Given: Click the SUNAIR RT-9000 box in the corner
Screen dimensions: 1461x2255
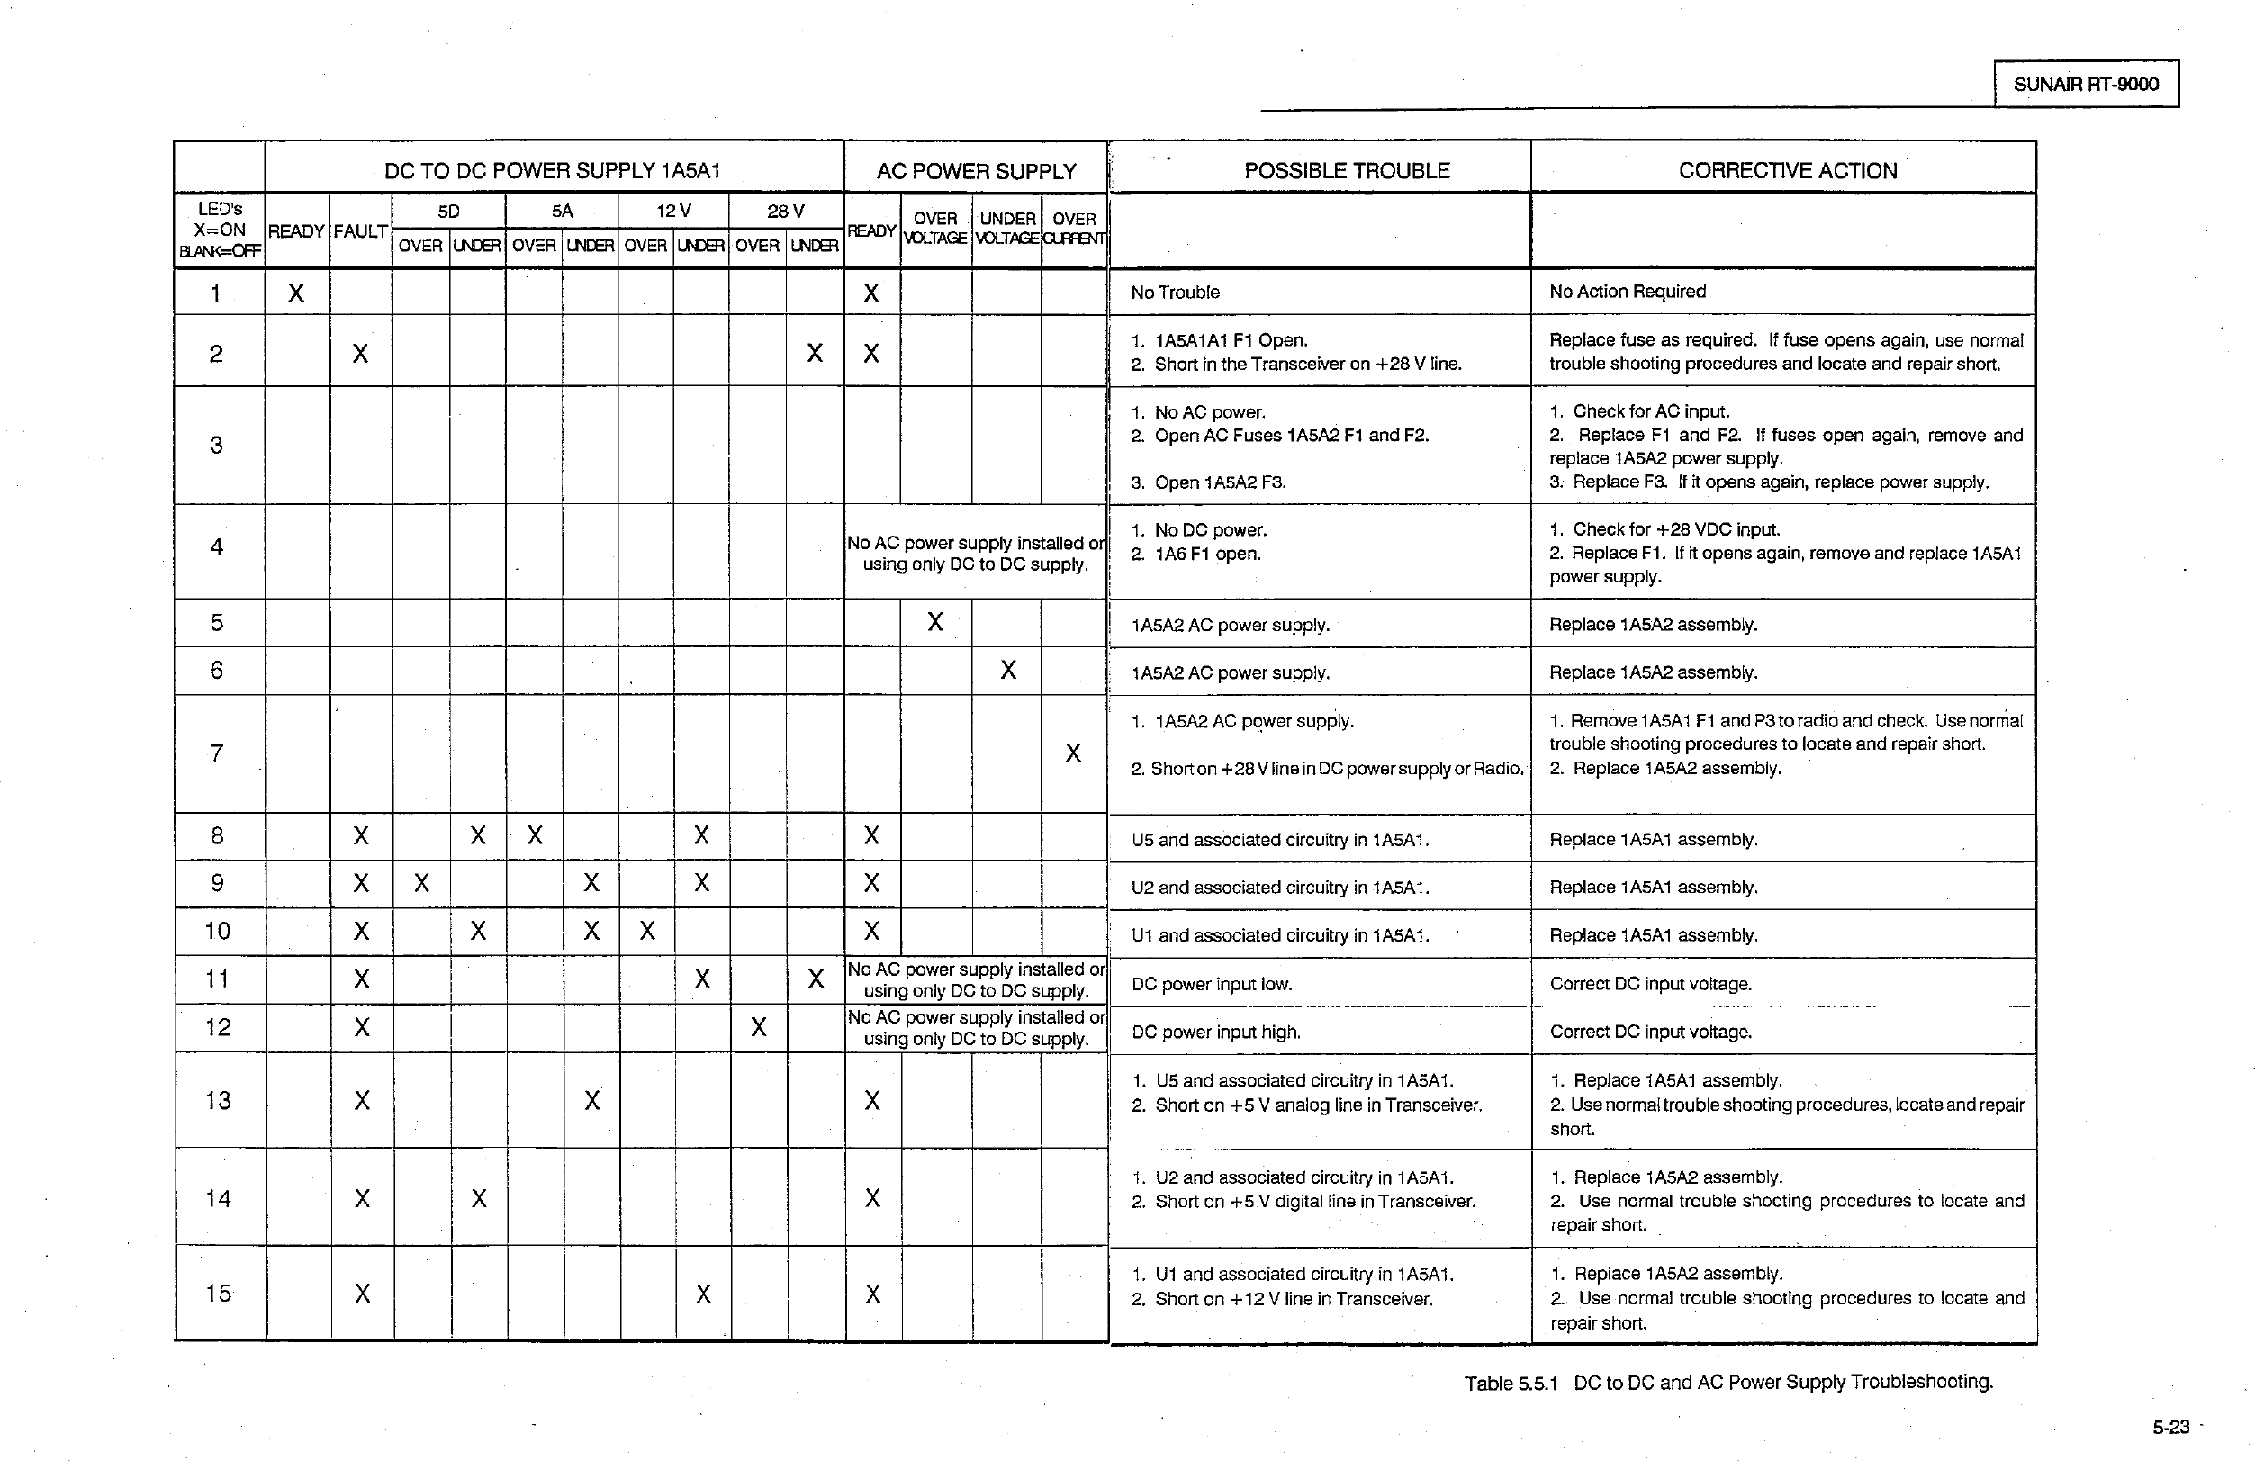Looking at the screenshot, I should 2086,85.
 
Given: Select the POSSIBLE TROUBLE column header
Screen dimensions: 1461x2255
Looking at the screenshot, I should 1347,170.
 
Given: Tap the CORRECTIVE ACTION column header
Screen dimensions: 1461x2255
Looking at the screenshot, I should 1787,170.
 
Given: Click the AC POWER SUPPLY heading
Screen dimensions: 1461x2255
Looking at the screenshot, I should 976,172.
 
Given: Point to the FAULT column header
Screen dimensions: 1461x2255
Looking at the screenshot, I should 360,231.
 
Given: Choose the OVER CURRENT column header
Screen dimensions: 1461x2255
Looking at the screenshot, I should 1074,229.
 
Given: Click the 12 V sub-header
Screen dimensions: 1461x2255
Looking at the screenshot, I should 673,211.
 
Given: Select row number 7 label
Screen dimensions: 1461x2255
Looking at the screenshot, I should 216,753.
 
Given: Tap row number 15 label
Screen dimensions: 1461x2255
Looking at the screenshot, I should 218,1294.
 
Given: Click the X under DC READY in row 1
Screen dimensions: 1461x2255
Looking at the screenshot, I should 296,293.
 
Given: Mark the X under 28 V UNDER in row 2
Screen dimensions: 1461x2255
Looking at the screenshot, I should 815,354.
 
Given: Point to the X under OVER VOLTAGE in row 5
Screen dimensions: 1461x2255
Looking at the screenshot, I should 935,621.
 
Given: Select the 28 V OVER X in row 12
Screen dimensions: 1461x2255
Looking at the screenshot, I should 758,1027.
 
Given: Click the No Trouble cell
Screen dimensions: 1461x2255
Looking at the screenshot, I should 1175,293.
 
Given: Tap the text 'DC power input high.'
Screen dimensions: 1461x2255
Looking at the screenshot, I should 1215,1032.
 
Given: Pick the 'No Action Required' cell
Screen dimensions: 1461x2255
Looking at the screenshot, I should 1627,292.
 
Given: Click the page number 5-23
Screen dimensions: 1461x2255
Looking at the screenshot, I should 2170,1427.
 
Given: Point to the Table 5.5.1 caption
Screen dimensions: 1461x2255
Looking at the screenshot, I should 1728,1383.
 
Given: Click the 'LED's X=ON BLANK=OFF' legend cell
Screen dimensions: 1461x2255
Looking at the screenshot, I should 219,230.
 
